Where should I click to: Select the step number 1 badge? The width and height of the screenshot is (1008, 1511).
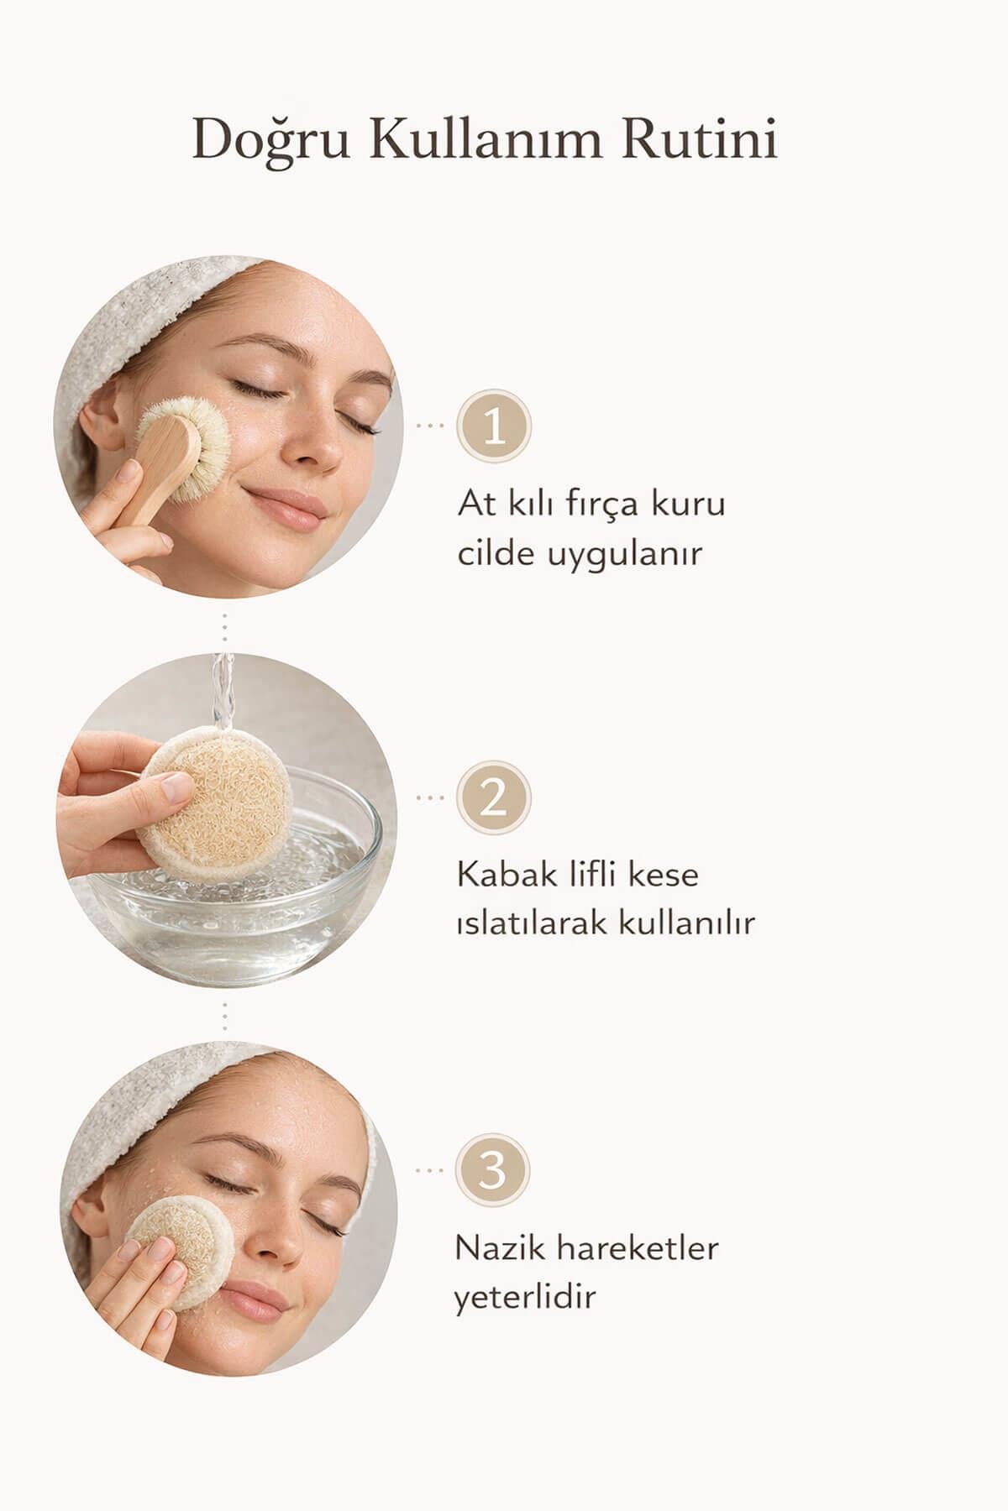point(494,426)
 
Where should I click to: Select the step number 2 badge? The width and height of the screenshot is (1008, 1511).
point(494,797)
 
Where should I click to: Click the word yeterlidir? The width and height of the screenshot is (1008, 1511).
point(525,1298)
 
